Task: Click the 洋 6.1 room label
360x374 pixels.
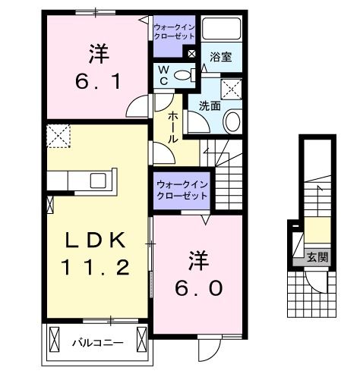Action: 97,67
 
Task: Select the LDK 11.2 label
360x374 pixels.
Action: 96,253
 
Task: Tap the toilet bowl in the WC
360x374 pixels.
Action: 181,74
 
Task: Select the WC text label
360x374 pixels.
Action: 163,74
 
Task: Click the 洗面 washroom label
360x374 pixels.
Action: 210,105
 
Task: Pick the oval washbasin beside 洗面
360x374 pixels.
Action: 233,121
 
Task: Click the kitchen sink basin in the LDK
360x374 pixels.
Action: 99,181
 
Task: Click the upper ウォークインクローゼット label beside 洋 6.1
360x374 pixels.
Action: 175,32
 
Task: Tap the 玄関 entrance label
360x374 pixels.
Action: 318,258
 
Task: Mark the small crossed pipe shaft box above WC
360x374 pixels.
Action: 191,55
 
